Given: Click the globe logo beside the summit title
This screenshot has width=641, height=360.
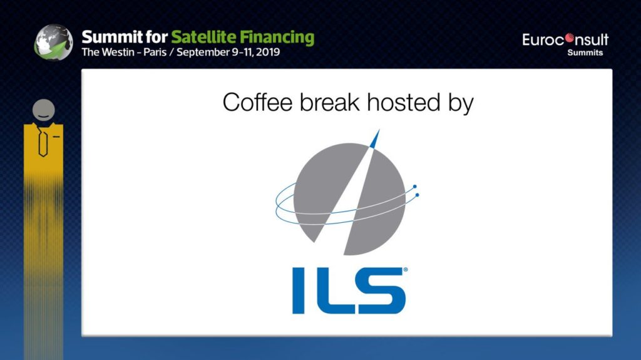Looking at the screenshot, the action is coord(54,42).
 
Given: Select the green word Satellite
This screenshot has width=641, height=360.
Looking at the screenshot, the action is coord(203,37).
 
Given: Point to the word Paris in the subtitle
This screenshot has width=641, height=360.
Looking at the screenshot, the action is coord(155,53).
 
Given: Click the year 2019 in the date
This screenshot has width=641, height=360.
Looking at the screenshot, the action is coord(268,53).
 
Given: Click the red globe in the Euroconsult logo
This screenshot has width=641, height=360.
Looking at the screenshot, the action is coord(570,39).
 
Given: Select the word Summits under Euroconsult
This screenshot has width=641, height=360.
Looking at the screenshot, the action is coord(585,53).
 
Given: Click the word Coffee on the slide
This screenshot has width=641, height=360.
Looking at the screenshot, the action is coord(258,102).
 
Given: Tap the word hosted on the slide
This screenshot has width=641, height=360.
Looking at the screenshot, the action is coord(404,102).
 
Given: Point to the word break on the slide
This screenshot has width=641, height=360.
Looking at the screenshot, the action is coord(329,102).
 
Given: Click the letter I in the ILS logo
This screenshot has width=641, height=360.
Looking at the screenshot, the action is coord(299,291).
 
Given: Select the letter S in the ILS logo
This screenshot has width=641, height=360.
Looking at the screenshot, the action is coord(382,291).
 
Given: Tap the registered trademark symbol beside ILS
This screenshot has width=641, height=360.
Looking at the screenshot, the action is coord(405,270).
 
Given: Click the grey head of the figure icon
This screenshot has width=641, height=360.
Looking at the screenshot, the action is coord(44,110).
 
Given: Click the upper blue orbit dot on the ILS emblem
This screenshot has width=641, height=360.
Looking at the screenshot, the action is coord(415,187).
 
